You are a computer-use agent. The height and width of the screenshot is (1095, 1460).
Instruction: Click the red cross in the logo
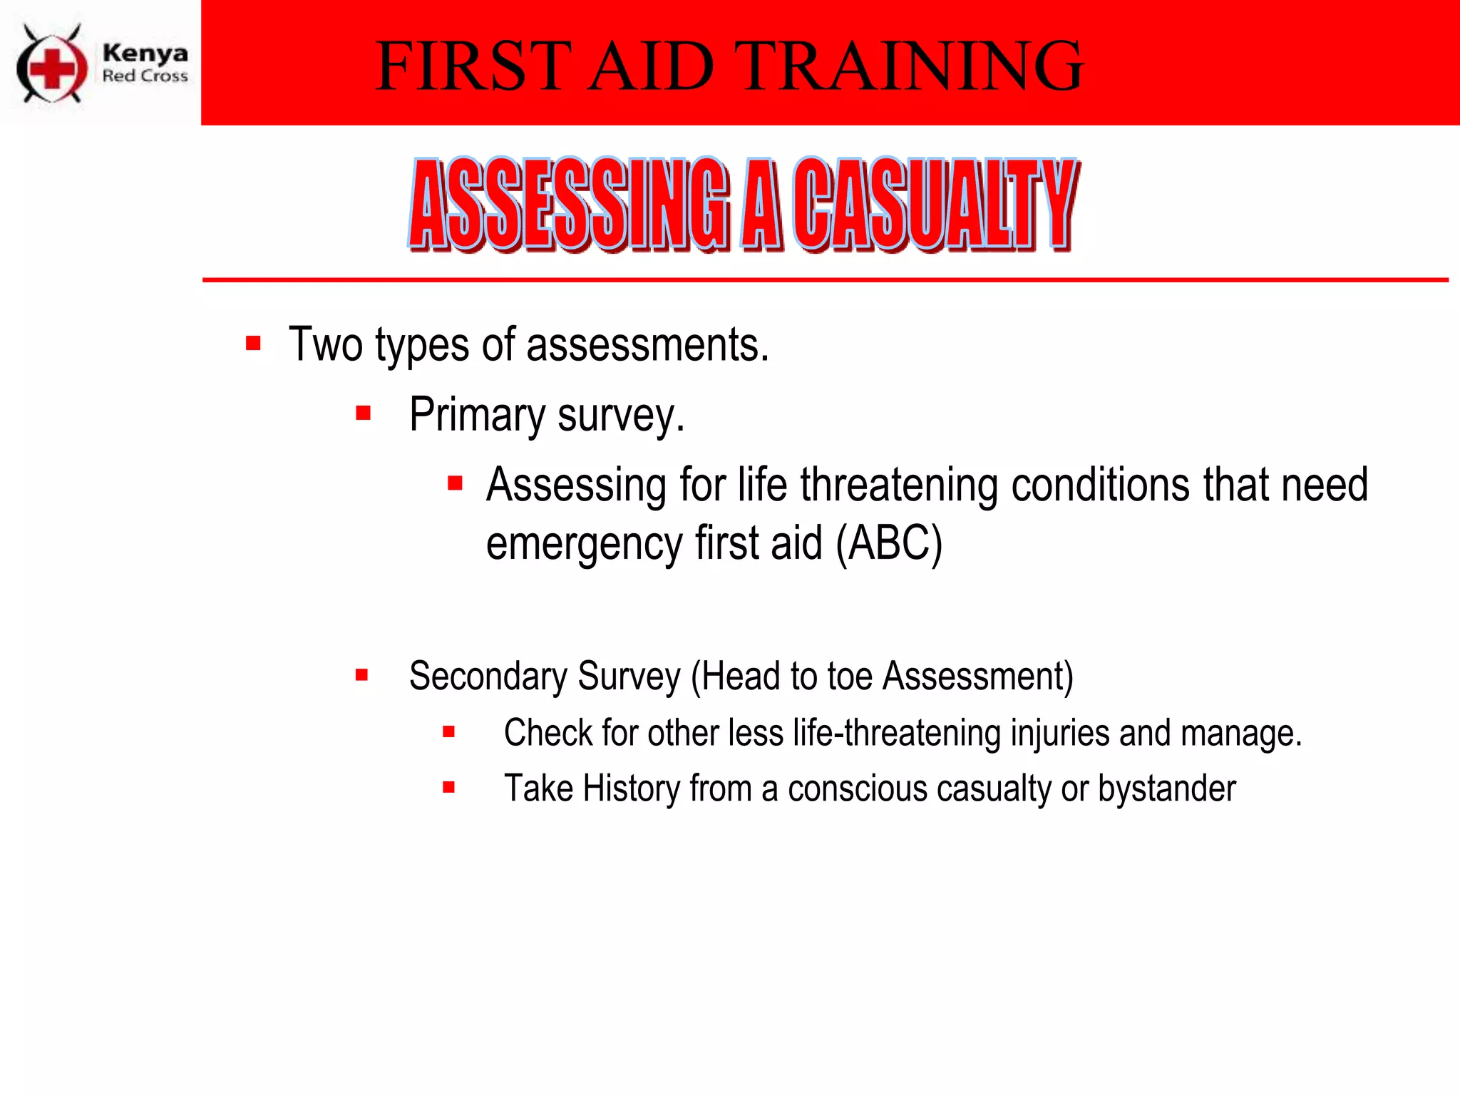[x=51, y=68]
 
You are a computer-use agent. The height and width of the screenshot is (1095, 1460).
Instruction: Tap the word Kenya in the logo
[x=145, y=53]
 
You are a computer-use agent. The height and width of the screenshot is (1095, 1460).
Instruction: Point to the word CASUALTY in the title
[x=935, y=205]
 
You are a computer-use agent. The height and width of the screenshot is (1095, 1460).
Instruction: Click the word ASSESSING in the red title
[x=570, y=205]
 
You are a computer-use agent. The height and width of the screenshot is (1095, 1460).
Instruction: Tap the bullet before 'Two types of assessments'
[x=253, y=344]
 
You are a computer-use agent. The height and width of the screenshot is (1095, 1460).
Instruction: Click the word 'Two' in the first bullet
[x=325, y=345]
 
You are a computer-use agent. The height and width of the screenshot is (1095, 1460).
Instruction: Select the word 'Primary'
[x=477, y=416]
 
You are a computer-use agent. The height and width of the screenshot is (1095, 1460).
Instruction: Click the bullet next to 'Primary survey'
[x=363, y=413]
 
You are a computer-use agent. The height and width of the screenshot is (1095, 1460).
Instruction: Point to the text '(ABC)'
[x=889, y=544]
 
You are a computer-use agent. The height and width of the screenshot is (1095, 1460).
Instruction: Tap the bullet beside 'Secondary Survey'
[x=362, y=674]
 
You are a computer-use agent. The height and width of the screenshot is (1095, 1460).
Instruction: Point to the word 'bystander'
[x=1166, y=788]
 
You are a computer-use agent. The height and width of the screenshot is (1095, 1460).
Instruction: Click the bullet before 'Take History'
[x=448, y=788]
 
